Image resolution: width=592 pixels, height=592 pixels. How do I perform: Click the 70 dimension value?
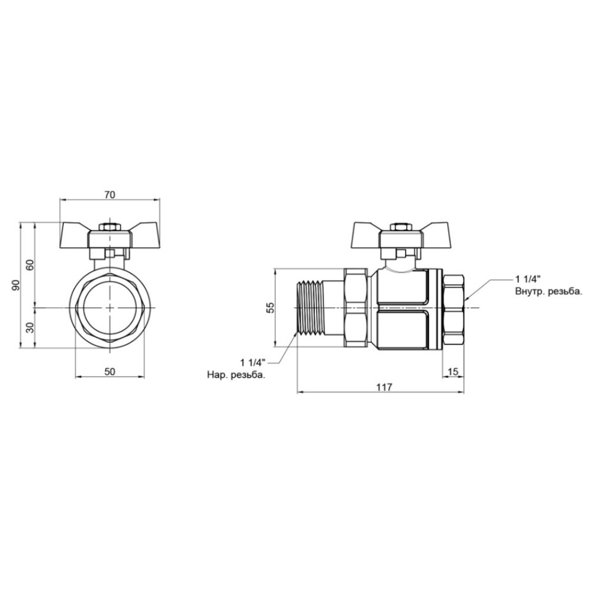tap(110, 195)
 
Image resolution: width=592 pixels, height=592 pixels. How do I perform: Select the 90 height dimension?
tap(15, 286)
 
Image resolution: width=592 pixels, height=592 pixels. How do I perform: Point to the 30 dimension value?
tap(31, 327)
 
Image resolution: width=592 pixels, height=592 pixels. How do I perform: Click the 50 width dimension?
tap(110, 372)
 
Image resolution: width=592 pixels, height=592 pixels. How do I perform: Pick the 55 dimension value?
tap(271, 308)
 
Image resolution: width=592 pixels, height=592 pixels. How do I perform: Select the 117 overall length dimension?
tap(385, 387)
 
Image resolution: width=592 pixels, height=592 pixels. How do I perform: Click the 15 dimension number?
tap(453, 372)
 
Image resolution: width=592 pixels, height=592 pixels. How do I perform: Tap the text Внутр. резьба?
tap(548, 291)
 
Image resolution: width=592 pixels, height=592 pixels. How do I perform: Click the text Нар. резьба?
tap(236, 375)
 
